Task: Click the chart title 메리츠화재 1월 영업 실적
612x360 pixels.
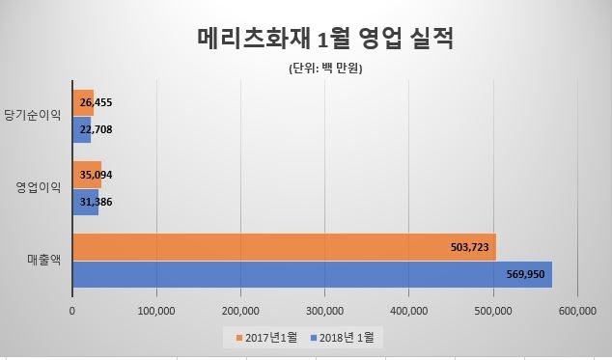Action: [x=319, y=41]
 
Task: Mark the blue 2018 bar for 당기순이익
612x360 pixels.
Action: [x=81, y=129]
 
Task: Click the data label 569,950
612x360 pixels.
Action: [x=525, y=274]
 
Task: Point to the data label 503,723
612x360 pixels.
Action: [x=470, y=247]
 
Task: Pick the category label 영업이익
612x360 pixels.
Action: [x=39, y=188]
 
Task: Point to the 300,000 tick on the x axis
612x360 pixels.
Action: [x=323, y=310]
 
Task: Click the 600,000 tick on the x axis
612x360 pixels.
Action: [x=576, y=310]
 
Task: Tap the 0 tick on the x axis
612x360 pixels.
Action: [x=72, y=310]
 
